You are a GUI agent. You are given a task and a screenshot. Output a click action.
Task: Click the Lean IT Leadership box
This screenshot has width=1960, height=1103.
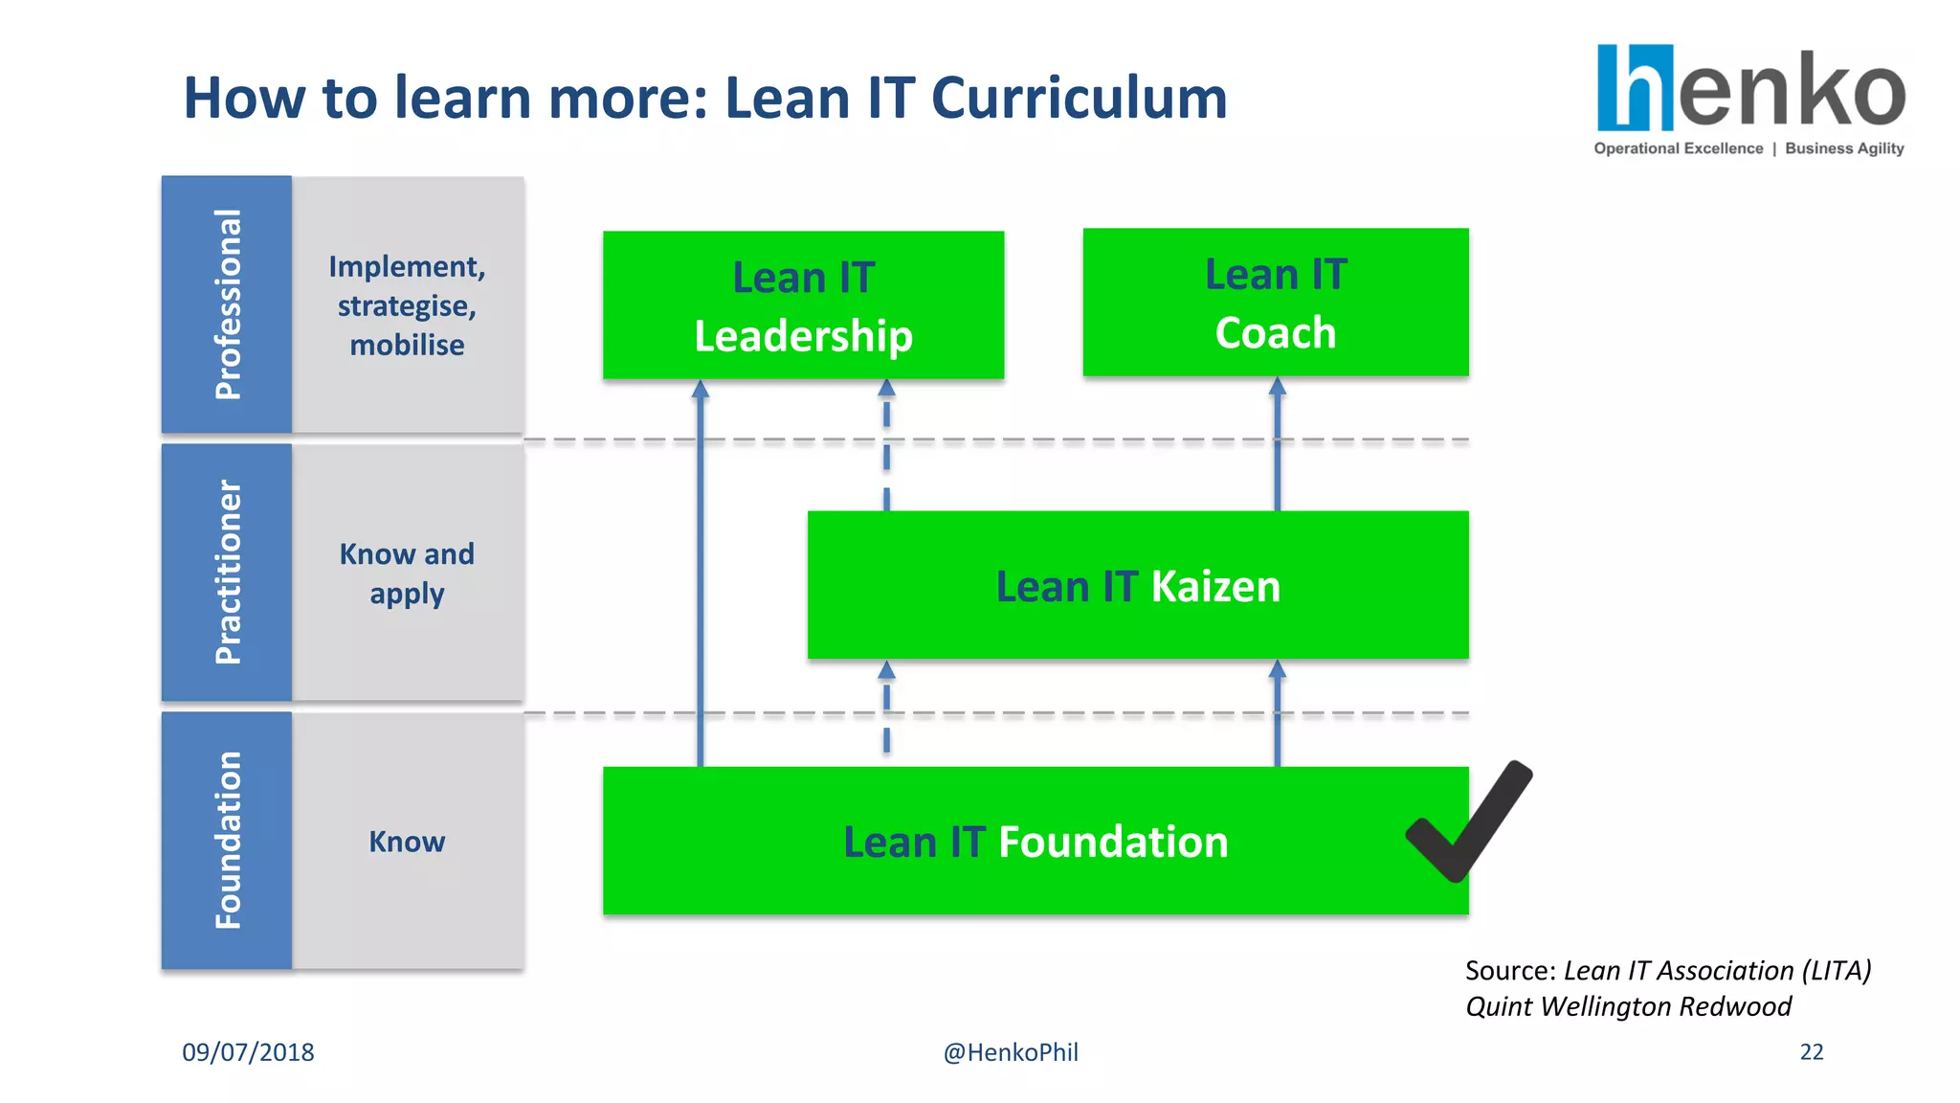803,305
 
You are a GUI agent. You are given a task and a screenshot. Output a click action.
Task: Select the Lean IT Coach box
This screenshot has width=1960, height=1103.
1275,303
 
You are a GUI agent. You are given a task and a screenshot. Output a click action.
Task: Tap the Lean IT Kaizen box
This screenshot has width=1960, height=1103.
1137,585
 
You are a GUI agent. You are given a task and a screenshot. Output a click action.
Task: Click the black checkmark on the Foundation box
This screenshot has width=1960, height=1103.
1469,822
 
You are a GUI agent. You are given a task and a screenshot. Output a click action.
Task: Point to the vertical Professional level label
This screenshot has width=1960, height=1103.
227,304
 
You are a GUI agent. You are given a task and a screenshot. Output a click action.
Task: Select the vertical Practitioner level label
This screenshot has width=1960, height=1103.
227,573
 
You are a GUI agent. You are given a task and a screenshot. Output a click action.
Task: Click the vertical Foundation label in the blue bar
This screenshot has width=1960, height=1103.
227,840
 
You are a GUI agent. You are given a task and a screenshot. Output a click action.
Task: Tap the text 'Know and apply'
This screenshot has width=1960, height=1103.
407,573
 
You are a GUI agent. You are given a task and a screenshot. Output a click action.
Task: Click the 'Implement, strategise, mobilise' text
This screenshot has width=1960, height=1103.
407,305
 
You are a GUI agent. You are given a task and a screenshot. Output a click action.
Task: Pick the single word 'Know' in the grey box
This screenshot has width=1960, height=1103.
407,842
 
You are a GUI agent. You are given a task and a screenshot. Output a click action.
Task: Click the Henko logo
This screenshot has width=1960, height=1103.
1750,88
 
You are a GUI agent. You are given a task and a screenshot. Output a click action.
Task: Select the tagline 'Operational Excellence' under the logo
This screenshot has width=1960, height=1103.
1678,148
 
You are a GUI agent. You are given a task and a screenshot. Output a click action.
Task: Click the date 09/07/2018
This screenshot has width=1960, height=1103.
248,1052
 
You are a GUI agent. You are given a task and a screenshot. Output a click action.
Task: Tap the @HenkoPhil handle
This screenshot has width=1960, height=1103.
1011,1052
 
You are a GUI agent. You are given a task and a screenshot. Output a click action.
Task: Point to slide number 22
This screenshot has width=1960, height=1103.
1812,1052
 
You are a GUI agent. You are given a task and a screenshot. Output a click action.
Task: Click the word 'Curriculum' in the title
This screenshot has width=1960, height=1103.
1079,98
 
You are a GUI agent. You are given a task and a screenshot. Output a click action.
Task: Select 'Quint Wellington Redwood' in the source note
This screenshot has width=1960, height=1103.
1628,1006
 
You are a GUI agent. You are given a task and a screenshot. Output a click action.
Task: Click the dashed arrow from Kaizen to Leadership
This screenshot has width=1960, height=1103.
886,445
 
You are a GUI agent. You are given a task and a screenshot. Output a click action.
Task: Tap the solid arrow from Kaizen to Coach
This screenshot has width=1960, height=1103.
1277,445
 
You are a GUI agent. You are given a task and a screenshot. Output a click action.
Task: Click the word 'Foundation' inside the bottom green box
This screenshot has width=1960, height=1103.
1113,842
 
